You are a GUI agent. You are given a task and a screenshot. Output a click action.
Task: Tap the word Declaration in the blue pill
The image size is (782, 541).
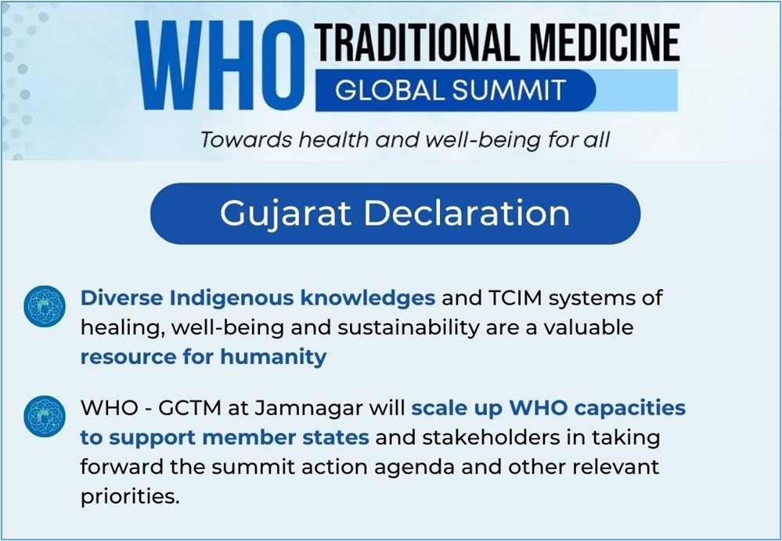tap(467, 213)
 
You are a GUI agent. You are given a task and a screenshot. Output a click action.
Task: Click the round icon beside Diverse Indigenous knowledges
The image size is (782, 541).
tap(45, 306)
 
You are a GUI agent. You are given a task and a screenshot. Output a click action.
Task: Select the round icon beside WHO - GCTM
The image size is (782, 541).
tap(45, 417)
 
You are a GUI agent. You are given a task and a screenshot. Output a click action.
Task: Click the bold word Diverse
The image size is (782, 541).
tap(121, 298)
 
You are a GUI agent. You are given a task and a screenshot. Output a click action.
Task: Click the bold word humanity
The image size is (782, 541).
tap(273, 358)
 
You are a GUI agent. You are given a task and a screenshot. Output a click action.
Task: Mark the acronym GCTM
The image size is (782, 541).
tap(189, 408)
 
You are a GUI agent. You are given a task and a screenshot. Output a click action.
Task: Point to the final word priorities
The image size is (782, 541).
tap(130, 497)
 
